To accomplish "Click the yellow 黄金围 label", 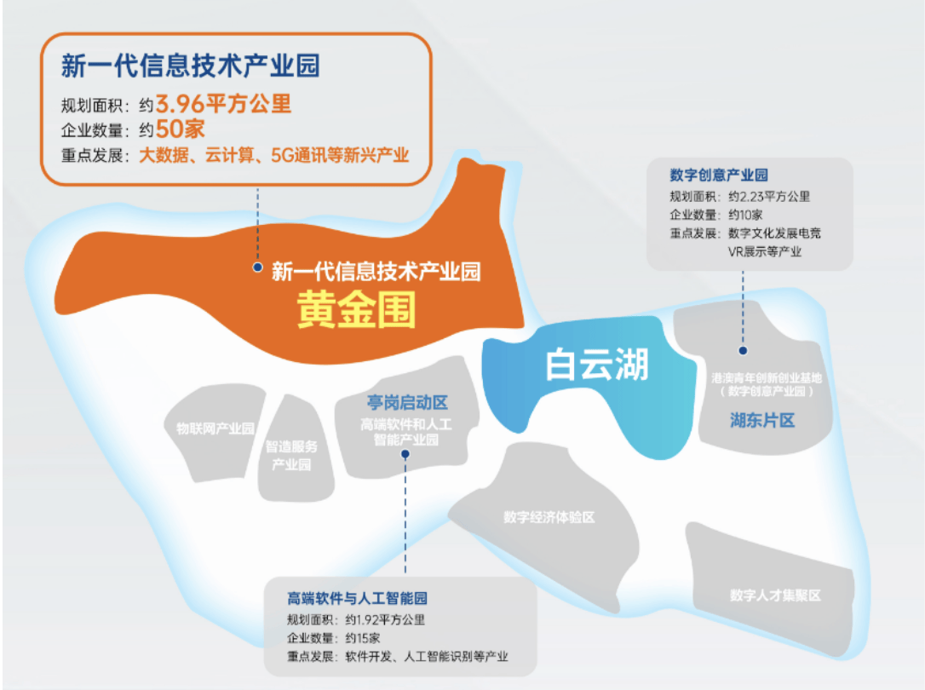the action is pos(356,309).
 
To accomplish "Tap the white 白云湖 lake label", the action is pos(596,364).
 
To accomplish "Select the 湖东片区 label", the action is pos(762,421).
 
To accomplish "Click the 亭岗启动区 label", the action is pos(407,403).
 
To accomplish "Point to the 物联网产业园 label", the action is pos(215,428).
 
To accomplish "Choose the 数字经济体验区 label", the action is pos(549,517).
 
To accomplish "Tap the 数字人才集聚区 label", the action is pos(775,595).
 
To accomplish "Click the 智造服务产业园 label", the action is pos(291,455).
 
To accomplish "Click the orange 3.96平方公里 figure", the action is pos(223,104).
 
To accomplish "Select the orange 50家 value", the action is pos(180,129).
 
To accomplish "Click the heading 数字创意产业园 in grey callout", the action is pos(719,175).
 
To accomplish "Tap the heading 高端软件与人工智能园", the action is pos(357,599).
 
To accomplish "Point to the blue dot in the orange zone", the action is pos(257,267).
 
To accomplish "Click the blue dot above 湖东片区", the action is pos(743,350).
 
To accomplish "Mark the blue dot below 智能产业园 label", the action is pos(405,454).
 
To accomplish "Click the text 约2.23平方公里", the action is pos(769,197).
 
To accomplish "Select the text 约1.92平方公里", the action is pos(385,620).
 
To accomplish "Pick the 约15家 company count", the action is pos(363,638).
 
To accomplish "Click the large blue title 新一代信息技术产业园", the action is pos(191,65).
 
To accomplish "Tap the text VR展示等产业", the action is pos(765,252).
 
